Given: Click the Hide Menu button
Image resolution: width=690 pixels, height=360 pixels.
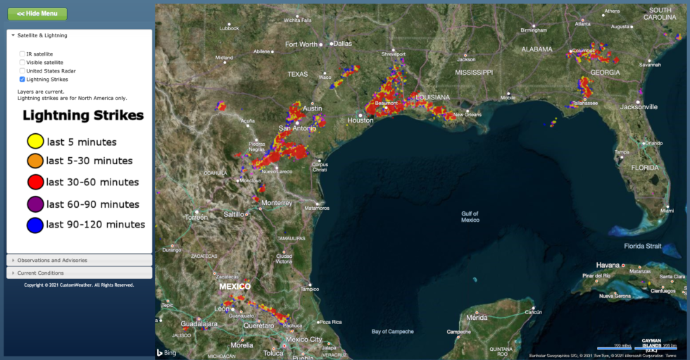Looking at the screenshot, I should pos(37,13).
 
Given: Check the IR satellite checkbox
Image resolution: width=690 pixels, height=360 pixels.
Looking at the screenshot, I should pos(23,54).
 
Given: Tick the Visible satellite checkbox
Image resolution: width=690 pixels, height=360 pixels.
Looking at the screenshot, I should pos(23,62).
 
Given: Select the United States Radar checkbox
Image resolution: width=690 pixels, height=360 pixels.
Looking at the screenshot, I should pos(23,70).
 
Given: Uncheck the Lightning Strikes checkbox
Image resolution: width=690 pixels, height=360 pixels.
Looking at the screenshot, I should pos(23,79).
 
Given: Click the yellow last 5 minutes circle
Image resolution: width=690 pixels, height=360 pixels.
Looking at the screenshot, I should pos(34,142).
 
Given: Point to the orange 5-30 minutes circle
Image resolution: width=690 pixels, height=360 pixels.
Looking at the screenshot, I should pos(34,161).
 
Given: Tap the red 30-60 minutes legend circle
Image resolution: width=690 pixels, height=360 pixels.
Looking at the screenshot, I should pos(34,182).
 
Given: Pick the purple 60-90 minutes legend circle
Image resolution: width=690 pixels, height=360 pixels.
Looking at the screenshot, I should pos(34,204).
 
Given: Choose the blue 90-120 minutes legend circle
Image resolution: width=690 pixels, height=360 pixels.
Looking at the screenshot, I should pos(34,225).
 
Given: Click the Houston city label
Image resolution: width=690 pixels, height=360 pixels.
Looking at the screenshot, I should pos(360,120).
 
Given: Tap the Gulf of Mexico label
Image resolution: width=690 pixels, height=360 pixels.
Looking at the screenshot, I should pos(470,216).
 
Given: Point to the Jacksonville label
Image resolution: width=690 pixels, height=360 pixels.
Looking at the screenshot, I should pos(639,107).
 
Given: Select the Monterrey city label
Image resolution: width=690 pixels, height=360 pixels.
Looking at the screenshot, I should pos(276,202).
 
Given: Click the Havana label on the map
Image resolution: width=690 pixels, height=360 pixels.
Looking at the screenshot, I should pos(608,265).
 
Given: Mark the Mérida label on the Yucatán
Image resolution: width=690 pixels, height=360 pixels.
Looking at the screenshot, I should pos(477,318).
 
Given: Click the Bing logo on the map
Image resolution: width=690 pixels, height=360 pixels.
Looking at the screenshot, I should pos(166,352).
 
